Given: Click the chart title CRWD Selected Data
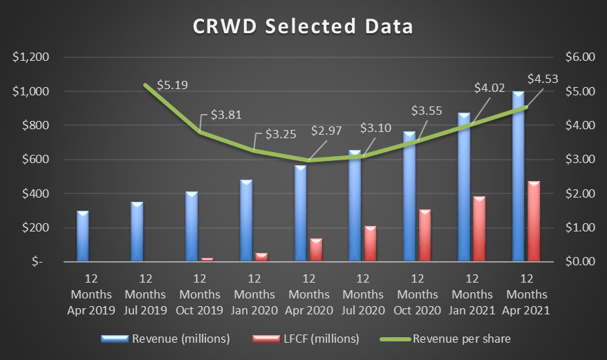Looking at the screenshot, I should (303, 26).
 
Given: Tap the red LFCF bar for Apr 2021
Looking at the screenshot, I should (534, 221).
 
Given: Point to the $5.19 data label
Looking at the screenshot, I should (172, 86).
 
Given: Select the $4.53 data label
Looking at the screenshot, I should (543, 79).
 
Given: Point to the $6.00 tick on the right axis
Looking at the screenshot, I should (580, 57).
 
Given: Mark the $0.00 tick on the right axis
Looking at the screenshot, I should (580, 262).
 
